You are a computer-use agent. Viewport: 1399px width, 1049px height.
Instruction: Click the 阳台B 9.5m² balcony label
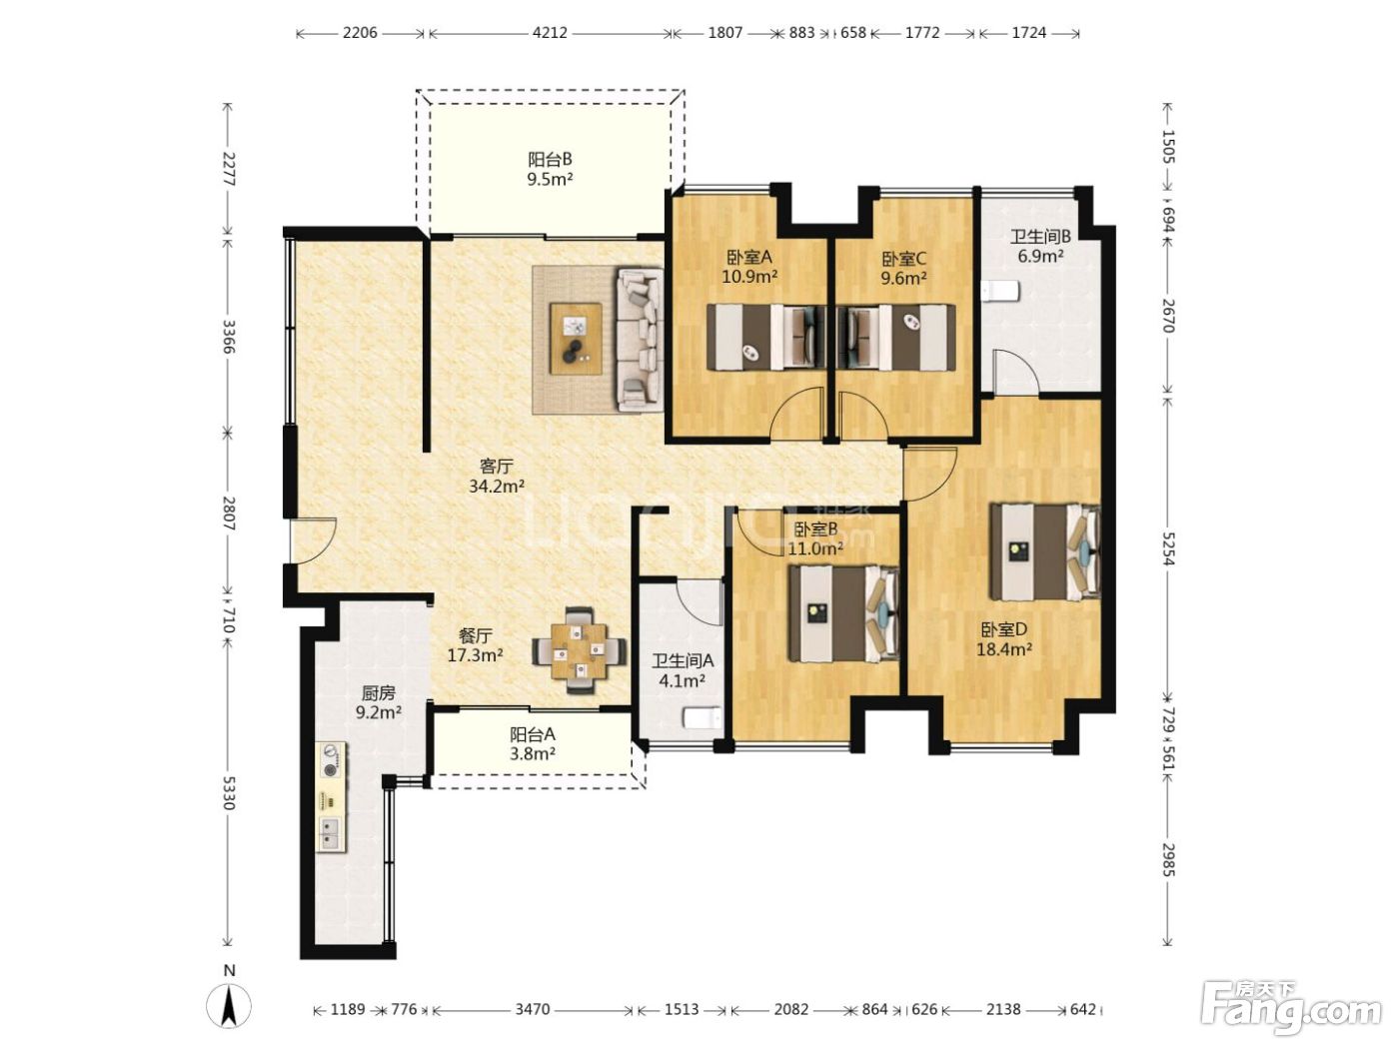tap(550, 169)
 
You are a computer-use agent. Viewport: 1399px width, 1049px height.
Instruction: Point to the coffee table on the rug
tap(577, 339)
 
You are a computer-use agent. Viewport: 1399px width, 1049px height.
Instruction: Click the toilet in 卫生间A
tap(703, 717)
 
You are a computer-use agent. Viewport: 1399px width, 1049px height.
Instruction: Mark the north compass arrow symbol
tap(229, 1006)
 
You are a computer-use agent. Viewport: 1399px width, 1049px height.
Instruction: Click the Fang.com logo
tap(1290, 1009)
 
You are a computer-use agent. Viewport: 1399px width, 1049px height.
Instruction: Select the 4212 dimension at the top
tap(550, 33)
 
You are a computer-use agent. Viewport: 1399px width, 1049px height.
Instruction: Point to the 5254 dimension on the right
tap(1167, 548)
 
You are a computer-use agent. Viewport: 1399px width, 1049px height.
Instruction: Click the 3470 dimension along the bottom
tap(532, 1009)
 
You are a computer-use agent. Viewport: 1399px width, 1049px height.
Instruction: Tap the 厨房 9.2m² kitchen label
tap(379, 702)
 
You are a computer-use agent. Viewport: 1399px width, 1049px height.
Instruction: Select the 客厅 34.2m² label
tap(497, 476)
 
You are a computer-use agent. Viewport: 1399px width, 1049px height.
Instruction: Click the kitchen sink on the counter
tap(330, 834)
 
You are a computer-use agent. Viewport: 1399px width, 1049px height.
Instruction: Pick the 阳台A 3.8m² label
tap(533, 744)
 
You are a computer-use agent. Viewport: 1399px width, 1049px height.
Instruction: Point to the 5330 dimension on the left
tap(229, 792)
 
